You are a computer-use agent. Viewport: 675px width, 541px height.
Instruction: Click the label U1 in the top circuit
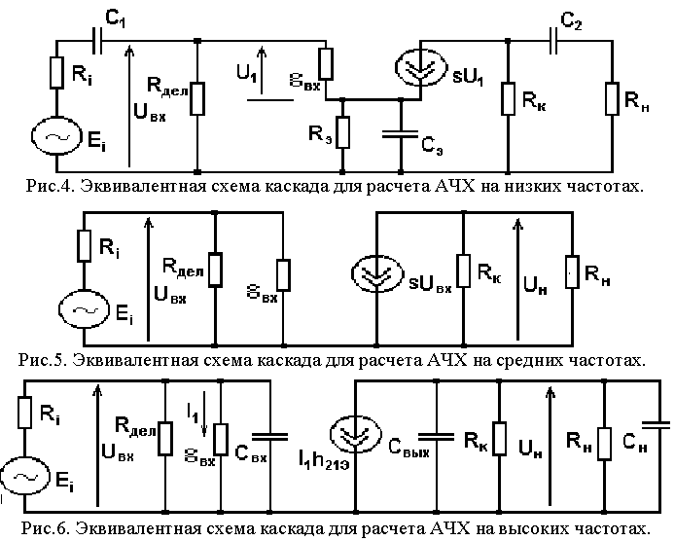pyautogui.click(x=249, y=72)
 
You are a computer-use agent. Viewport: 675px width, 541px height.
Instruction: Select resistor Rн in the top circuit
pyautogui.click(x=612, y=97)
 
